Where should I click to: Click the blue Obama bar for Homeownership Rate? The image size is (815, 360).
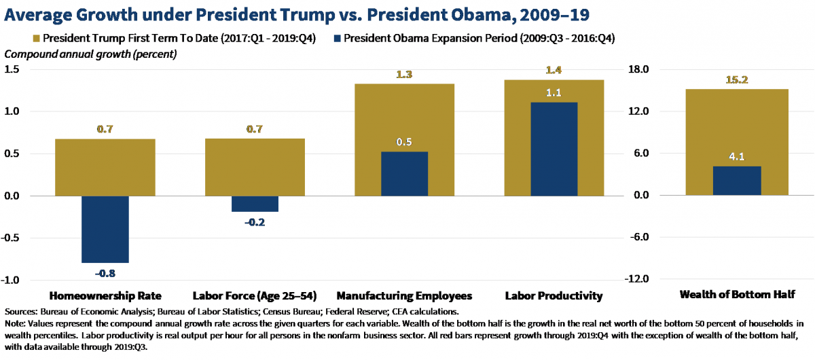pyautogui.click(x=105, y=229)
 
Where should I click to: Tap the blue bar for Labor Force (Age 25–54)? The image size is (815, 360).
pyautogui.click(x=255, y=204)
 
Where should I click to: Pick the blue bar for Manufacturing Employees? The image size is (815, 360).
pyautogui.click(x=404, y=173)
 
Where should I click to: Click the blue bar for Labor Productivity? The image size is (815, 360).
pyautogui.click(x=554, y=149)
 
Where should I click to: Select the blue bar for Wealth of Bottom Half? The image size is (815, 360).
pyautogui.click(x=737, y=181)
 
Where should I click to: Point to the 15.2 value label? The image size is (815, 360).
pyautogui.click(x=737, y=79)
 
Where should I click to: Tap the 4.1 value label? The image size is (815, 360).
pyautogui.click(x=737, y=157)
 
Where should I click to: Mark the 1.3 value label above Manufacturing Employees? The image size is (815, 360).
pyautogui.click(x=405, y=74)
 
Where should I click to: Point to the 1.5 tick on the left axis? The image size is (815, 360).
pyautogui.click(x=13, y=69)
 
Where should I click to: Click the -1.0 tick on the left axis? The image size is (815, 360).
pyautogui.click(x=12, y=280)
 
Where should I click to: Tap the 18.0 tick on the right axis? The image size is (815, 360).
pyautogui.click(x=641, y=69)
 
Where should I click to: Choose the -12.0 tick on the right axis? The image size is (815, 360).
pyautogui.click(x=640, y=280)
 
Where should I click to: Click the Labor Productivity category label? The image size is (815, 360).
pyautogui.click(x=554, y=296)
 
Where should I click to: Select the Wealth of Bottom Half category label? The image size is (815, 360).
pyautogui.click(x=737, y=295)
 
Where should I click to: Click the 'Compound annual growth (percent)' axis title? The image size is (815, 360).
pyautogui.click(x=91, y=54)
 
